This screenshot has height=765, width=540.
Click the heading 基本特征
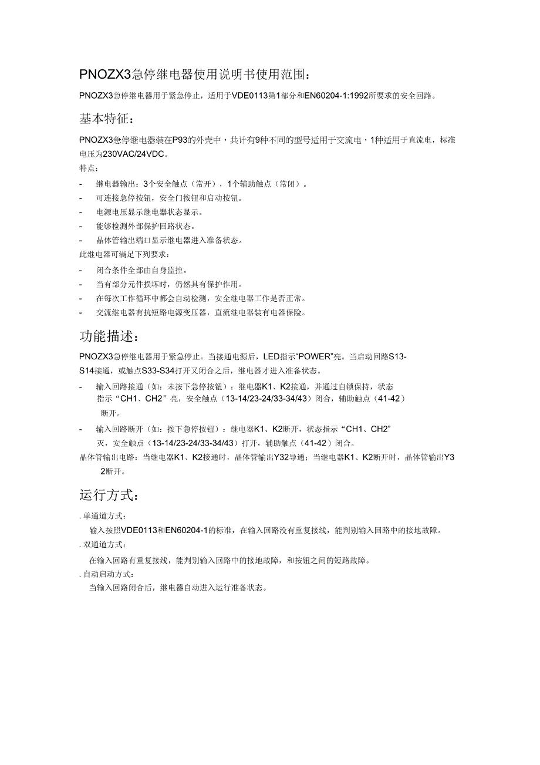[106, 119]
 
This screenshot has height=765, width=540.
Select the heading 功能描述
[109, 336]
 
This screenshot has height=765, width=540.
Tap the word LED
[272, 356]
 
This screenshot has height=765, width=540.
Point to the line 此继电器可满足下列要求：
[125, 255]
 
